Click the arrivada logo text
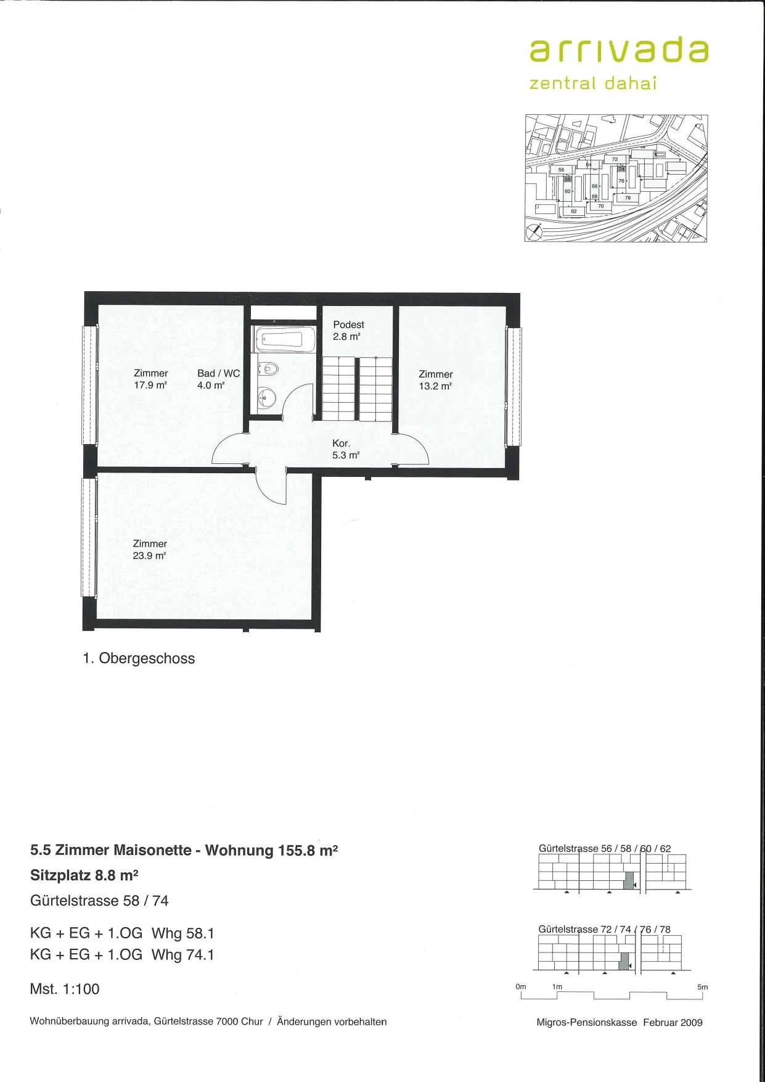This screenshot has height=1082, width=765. coord(619,51)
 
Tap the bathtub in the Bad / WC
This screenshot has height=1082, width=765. coord(285,339)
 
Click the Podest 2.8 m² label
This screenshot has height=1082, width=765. coord(348,331)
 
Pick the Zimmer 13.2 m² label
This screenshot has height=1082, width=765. coord(436,380)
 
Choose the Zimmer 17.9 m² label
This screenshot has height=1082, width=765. coord(151,379)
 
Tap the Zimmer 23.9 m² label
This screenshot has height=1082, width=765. coord(150,550)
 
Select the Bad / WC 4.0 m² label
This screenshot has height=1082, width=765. coord(218,379)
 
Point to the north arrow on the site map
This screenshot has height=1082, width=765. coord(533,233)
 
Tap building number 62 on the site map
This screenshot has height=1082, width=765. coord(573,211)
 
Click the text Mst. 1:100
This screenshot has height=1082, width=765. coord(65,989)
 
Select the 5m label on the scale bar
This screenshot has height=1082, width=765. coord(702,987)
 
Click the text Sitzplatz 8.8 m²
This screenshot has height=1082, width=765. coord(84,875)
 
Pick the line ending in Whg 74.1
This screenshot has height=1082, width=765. coord(122,954)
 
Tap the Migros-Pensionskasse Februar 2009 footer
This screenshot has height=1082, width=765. coord(620,1022)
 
